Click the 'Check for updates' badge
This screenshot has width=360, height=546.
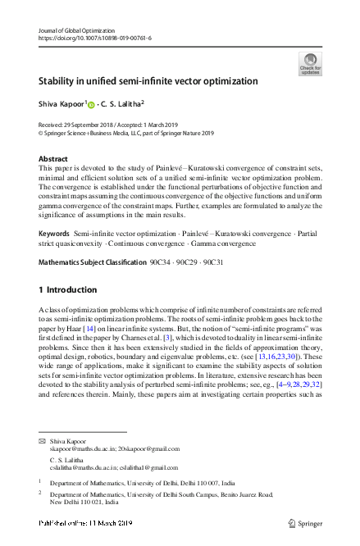click(310, 63)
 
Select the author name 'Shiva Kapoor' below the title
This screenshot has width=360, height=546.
click(61, 104)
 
